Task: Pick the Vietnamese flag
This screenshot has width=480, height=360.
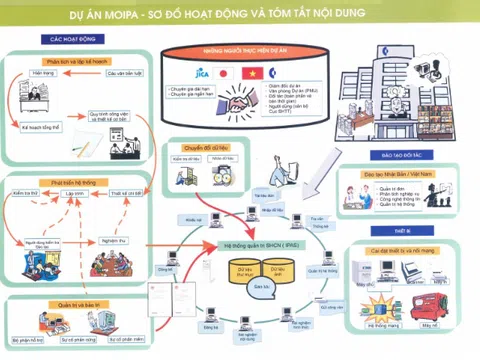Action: (249, 73)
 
